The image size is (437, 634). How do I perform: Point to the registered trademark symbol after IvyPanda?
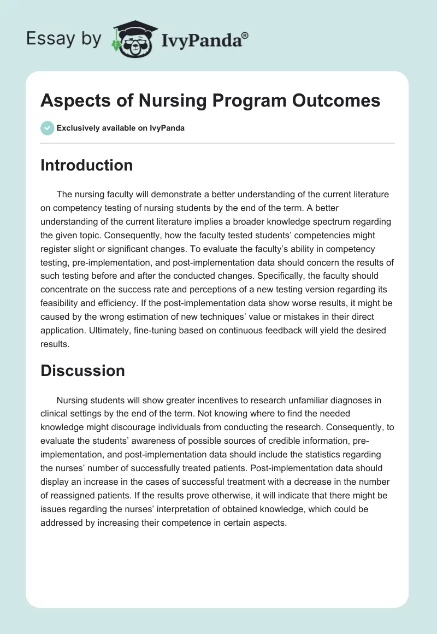pyautogui.click(x=245, y=36)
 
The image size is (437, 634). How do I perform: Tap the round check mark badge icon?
pyautogui.click(x=47, y=128)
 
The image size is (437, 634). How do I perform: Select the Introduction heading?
pyautogui.click(x=87, y=165)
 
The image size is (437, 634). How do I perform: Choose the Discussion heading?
pyautogui.click(x=82, y=371)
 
